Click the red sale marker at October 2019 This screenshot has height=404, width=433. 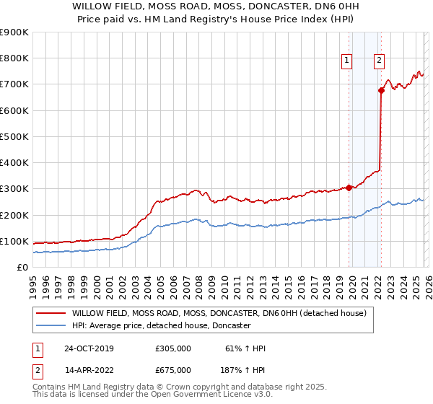pyautogui.click(x=349, y=188)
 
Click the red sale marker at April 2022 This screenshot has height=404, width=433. pyautogui.click(x=380, y=90)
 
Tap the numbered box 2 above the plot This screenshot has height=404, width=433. pyautogui.click(x=379, y=61)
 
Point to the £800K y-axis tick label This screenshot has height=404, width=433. pyautogui.click(x=14, y=58)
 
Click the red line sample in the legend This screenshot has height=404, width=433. pyautogui.click(x=50, y=313)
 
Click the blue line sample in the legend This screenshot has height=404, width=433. pyautogui.click(x=50, y=326)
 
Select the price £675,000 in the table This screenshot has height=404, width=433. pyautogui.click(x=173, y=369)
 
